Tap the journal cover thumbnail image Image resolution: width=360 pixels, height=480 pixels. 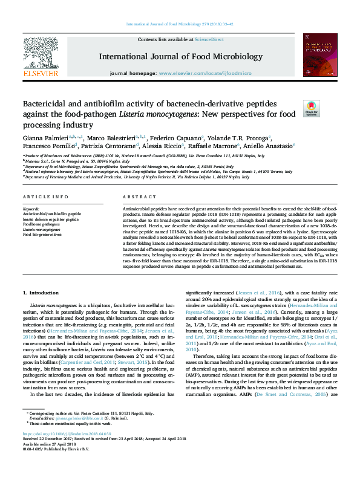tap(321, 57)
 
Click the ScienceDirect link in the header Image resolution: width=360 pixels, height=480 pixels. tap(209, 39)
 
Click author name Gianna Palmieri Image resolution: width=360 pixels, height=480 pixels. tap(45, 138)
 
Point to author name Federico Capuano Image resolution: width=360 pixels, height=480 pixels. tap(178, 138)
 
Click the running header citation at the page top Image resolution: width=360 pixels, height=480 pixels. tap(179, 24)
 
